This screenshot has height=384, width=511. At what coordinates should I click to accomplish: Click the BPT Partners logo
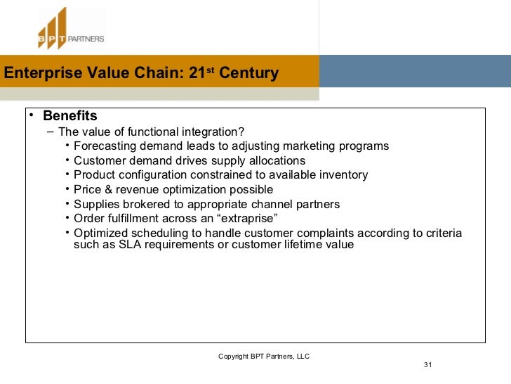tap(70, 29)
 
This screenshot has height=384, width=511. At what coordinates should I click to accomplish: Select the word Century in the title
tap(248, 73)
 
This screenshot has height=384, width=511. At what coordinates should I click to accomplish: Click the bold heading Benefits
tap(69, 116)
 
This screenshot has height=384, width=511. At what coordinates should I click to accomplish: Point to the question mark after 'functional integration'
tap(242, 132)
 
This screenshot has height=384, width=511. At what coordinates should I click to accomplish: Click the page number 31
tap(427, 365)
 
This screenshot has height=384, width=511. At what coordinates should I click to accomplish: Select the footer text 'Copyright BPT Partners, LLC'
tap(263, 357)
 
